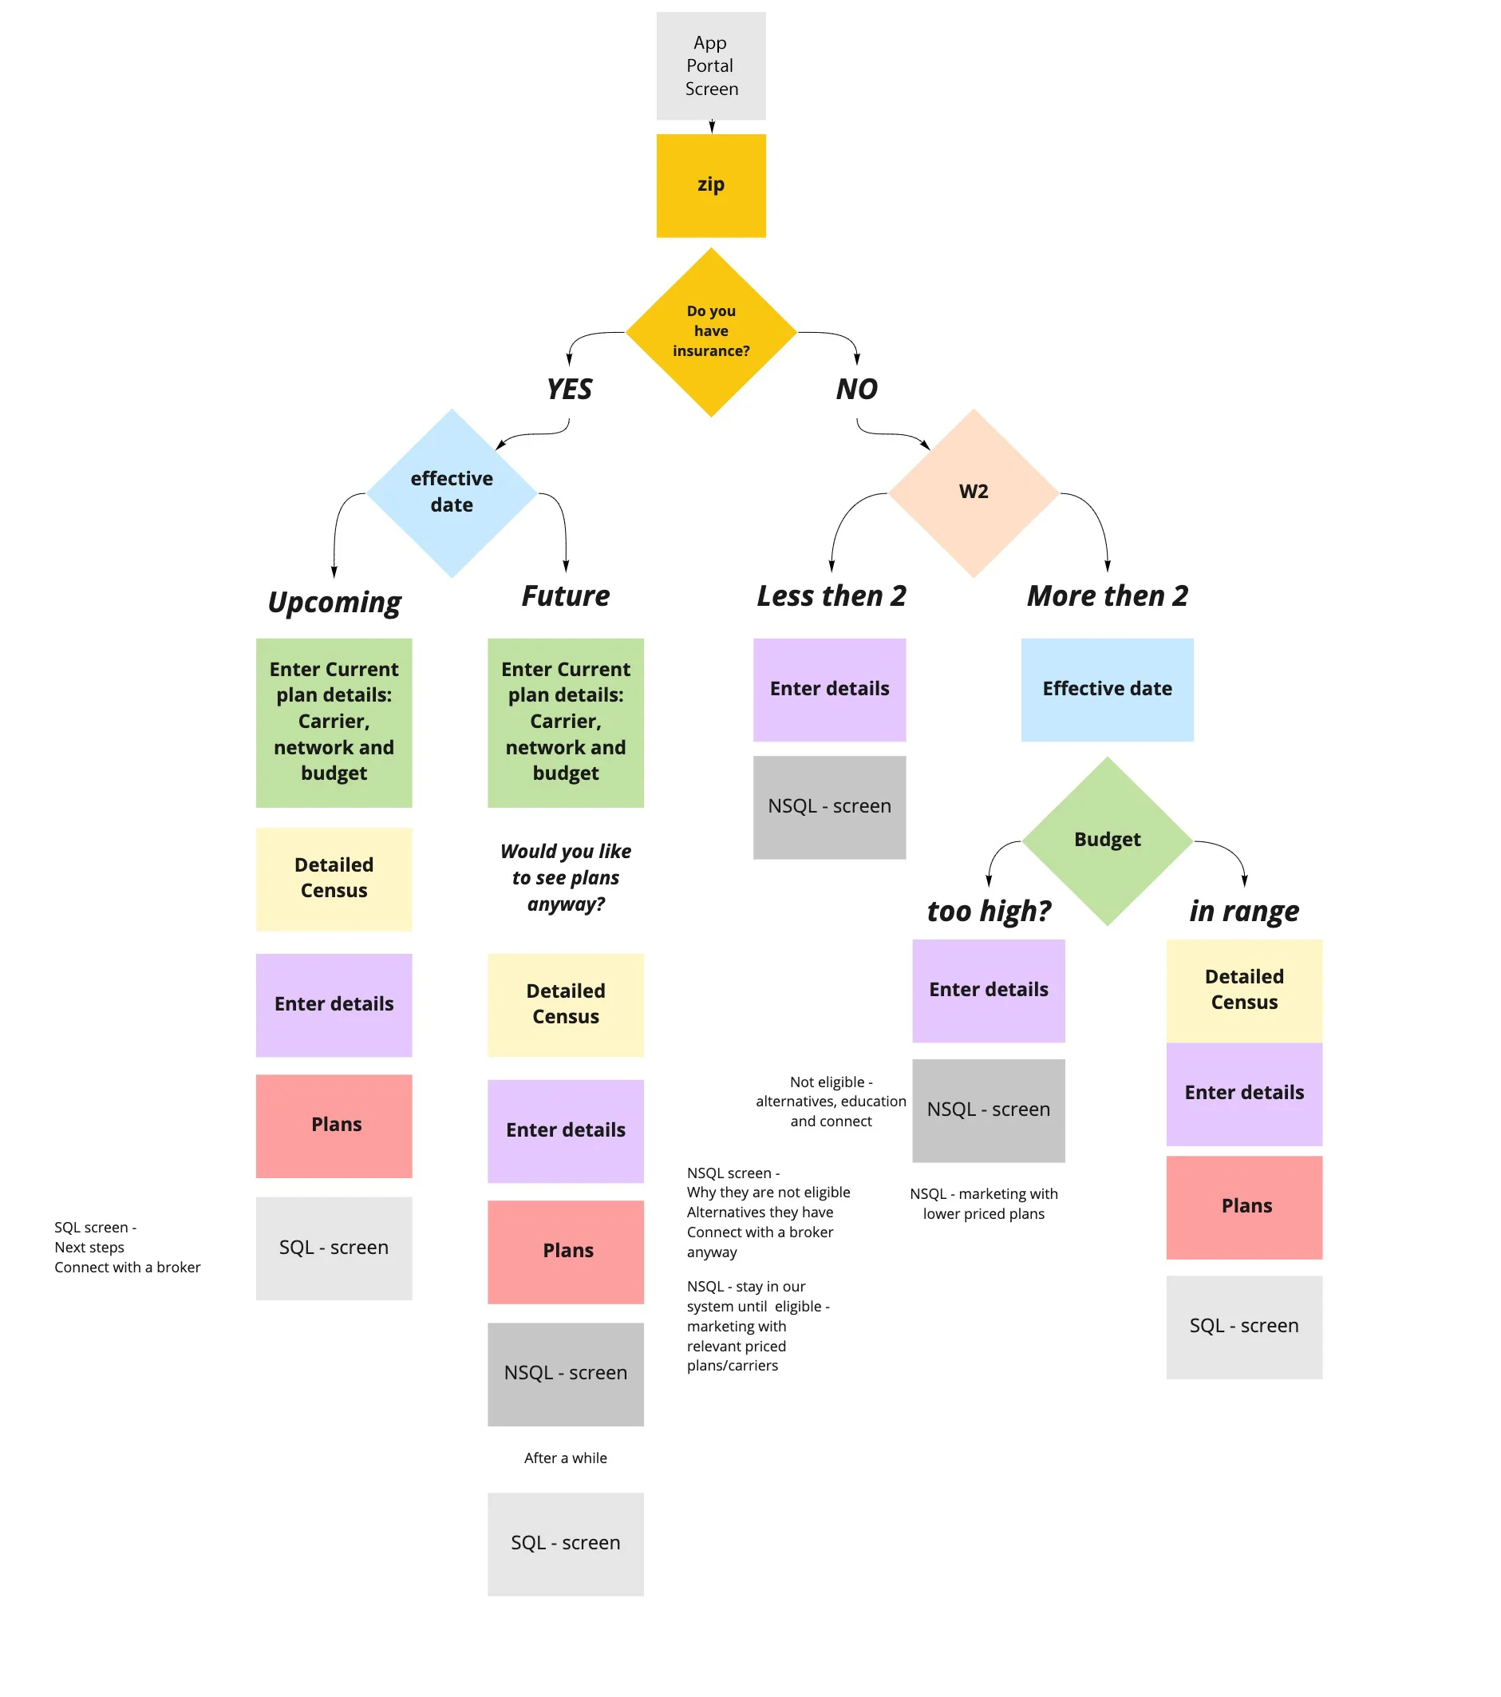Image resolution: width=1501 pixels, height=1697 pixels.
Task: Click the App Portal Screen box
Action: [x=711, y=65]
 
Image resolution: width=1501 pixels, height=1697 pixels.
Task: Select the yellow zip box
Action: [x=711, y=185]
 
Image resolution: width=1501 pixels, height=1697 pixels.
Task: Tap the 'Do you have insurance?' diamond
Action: [x=711, y=331]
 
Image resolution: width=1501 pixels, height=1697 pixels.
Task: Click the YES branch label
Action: [x=569, y=389]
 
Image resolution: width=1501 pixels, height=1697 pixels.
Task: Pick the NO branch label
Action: [x=856, y=389]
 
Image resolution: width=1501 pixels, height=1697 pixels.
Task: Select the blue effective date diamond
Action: [x=452, y=492]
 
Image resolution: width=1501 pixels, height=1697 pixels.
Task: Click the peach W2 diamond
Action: [x=973, y=492]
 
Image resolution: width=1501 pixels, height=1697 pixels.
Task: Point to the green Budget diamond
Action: [x=1107, y=841]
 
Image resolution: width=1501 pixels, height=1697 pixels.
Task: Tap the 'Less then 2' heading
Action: [x=831, y=595]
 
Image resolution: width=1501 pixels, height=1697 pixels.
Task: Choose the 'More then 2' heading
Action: [x=1107, y=595]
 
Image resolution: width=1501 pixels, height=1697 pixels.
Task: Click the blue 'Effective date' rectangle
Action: [x=1107, y=689]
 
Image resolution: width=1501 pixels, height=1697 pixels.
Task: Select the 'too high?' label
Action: [x=988, y=911]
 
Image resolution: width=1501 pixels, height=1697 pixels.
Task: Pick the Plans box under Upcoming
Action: [x=334, y=1125]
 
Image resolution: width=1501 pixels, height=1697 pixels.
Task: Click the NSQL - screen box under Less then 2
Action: [x=828, y=807]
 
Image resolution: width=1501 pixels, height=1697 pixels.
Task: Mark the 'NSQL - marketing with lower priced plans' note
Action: [x=984, y=1204]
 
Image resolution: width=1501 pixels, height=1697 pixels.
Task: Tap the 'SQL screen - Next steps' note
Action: [x=127, y=1247]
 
